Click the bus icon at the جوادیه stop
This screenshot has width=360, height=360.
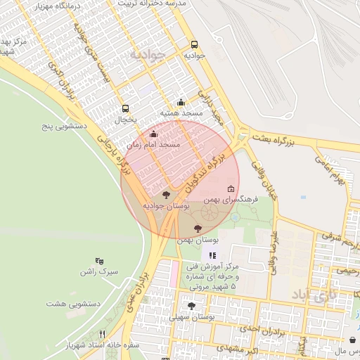point(195,44)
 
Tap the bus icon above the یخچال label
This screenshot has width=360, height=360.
point(125,108)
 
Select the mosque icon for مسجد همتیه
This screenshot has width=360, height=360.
point(181,102)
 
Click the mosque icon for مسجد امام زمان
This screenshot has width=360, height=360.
point(153,133)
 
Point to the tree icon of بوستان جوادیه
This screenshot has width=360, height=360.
point(166,195)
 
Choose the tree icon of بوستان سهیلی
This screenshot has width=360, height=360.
point(191,306)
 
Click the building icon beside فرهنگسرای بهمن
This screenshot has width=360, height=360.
point(231,188)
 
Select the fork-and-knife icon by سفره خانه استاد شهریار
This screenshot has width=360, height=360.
point(102,335)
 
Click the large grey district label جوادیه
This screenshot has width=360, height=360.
point(146,53)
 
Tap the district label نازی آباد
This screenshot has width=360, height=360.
point(328,295)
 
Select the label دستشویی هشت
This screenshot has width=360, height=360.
point(74,303)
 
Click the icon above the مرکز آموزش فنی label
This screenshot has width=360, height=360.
point(212,255)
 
